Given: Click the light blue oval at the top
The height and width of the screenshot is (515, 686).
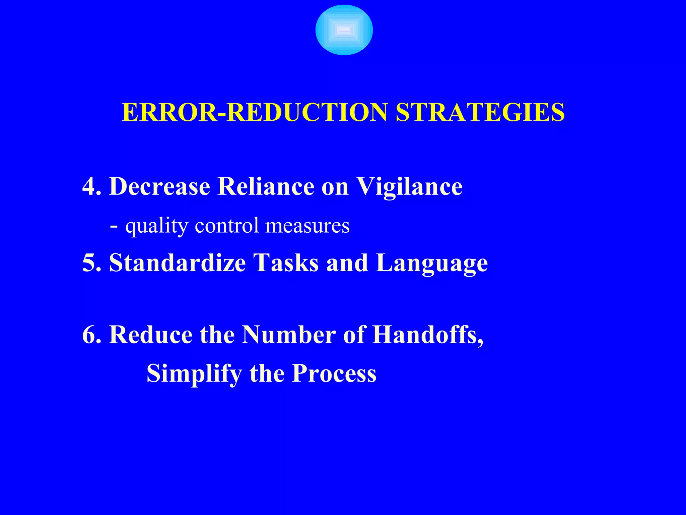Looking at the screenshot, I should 344,30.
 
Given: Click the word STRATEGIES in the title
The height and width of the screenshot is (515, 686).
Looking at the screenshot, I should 480,112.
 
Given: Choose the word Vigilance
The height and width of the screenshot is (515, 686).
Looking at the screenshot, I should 409,187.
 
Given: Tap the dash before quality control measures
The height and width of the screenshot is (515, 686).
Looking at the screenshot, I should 114,226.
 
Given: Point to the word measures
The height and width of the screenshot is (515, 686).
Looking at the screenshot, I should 307,226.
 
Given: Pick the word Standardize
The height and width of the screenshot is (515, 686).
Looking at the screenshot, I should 178,263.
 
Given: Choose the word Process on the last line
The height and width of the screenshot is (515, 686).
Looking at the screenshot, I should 334,373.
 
